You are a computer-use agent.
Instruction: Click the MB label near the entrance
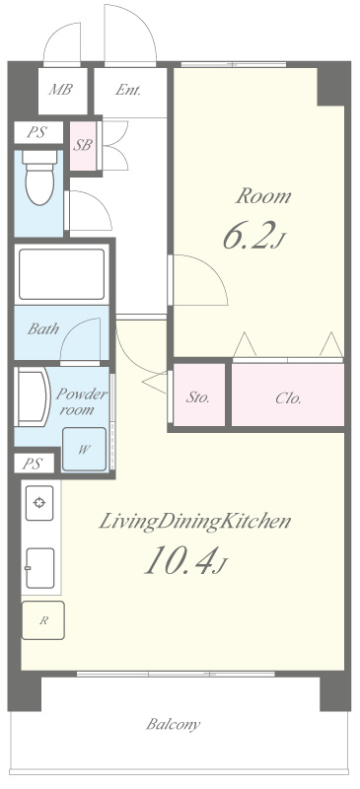coord(60,90)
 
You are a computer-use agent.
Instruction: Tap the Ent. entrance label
coord(128,90)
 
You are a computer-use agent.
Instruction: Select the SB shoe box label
coord(83,145)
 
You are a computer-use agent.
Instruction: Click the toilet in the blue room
coord(39,178)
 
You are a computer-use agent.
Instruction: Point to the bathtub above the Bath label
coord(61,274)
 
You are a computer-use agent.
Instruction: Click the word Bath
coord(43,329)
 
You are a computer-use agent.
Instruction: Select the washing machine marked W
coord(84,450)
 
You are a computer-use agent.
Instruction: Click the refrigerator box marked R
coord(43,620)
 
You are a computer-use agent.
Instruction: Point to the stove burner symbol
coord(39,503)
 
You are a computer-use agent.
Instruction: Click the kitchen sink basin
coord(39,568)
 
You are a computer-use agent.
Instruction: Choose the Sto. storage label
coord(198,398)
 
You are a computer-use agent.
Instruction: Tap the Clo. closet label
coord(289,398)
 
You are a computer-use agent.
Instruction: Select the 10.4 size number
coord(180,560)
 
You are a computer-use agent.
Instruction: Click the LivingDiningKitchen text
coord(194,522)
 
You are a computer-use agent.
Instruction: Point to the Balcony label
coord(174,725)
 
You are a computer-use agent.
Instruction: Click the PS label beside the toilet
coord(36,132)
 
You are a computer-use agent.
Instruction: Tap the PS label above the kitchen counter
coord(32,464)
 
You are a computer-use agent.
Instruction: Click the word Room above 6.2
coord(262,196)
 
